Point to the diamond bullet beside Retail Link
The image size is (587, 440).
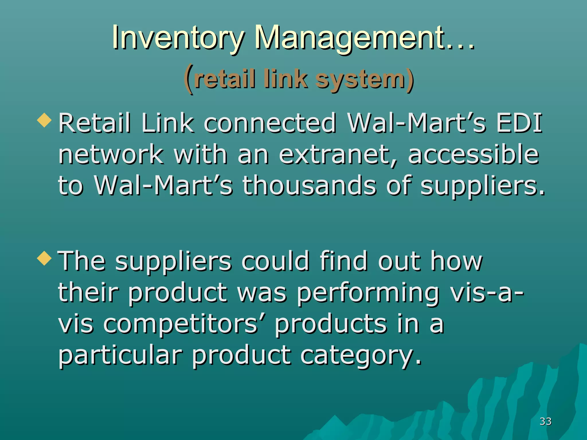pyautogui.click(x=44, y=120)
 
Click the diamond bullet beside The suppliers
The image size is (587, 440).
pyautogui.click(x=44, y=258)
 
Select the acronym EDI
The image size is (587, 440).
pyautogui.click(x=519, y=123)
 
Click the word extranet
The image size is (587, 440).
pyautogui.click(x=338, y=155)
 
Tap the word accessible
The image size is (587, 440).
pyautogui.click(x=473, y=155)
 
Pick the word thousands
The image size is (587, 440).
pyautogui.click(x=309, y=186)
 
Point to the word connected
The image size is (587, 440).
pyautogui.click(x=270, y=123)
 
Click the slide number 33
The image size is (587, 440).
pyautogui.click(x=545, y=421)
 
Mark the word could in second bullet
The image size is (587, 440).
pyautogui.click(x=275, y=261)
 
